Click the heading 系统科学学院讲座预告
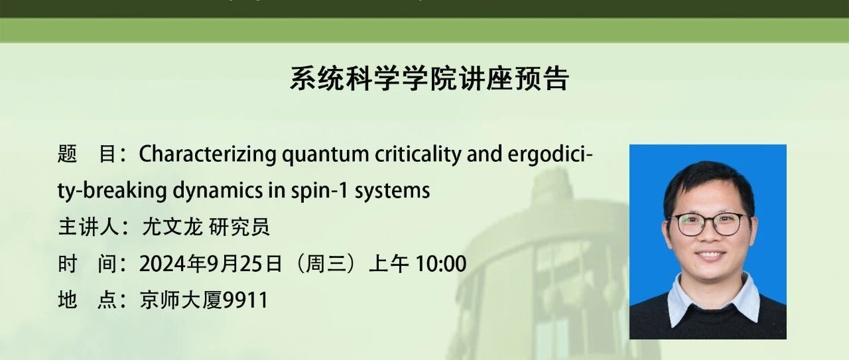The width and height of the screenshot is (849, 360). [429, 79]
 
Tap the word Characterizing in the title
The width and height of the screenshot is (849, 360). [208, 154]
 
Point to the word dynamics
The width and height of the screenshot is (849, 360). [218, 191]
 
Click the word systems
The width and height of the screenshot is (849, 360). [392, 191]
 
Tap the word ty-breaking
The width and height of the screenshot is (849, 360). [112, 191]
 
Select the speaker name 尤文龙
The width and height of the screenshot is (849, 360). [172, 227]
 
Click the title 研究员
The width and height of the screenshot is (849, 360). [239, 227]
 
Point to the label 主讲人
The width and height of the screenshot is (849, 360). [89, 227]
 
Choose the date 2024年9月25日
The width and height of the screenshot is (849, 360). [211, 264]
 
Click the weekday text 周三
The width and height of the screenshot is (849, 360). [326, 264]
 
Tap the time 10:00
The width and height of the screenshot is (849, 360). [441, 264]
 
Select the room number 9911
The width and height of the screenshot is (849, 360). [245, 300]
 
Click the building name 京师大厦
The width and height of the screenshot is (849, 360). [181, 300]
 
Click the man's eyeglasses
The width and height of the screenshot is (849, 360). [708, 224]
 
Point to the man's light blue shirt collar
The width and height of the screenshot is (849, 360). [712, 301]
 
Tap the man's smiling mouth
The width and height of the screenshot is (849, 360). [710, 255]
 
